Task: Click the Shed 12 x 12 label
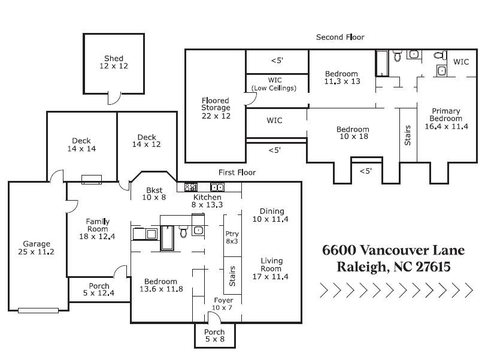tap(114, 62)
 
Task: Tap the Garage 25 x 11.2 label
tap(36, 248)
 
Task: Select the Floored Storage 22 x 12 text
tap(216, 108)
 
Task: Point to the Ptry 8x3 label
tap(232, 237)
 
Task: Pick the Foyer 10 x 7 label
tap(223, 304)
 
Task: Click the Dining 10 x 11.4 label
tap(271, 215)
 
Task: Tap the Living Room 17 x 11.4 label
tap(271, 268)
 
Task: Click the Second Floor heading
tap(340, 37)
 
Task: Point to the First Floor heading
tap(237, 173)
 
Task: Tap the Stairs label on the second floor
tap(408, 135)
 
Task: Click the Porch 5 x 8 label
tap(214, 335)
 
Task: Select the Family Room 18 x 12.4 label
tap(97, 229)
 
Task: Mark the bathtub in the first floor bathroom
tap(167, 238)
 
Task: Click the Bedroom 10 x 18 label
tap(352, 133)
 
